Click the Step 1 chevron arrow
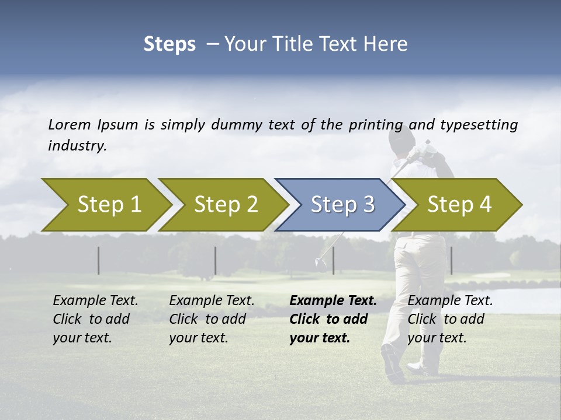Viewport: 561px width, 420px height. click(x=109, y=205)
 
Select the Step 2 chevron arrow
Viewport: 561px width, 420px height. click(x=226, y=205)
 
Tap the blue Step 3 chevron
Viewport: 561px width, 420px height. click(x=342, y=205)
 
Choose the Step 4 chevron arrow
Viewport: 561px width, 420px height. click(x=459, y=205)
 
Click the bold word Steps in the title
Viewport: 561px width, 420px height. click(x=169, y=44)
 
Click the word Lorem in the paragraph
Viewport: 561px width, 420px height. click(x=70, y=125)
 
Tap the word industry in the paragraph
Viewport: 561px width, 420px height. click(x=77, y=146)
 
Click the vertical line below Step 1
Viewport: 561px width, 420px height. click(x=99, y=260)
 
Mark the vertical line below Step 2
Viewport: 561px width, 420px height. click(x=216, y=260)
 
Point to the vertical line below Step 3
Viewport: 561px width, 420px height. click(x=333, y=260)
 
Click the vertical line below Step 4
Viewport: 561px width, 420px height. click(x=451, y=260)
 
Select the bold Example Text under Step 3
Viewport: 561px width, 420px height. click(x=333, y=301)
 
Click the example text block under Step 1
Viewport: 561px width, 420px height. click(x=95, y=319)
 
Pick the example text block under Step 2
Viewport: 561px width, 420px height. click(x=212, y=319)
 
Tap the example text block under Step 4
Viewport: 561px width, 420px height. click(x=450, y=319)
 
